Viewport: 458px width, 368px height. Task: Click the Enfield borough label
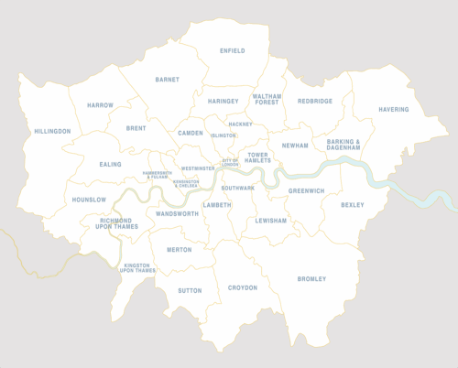click(x=233, y=51)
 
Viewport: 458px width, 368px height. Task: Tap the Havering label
click(x=393, y=110)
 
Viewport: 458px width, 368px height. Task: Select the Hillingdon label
click(x=52, y=132)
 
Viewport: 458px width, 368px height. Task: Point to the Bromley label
click(x=311, y=279)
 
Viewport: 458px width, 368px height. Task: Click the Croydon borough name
click(x=243, y=287)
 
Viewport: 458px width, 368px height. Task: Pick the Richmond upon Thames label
click(x=115, y=223)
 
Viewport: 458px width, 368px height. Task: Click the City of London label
click(x=229, y=163)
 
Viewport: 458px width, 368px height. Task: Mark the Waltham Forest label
click(x=267, y=100)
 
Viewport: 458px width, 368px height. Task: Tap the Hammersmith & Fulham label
click(x=162, y=174)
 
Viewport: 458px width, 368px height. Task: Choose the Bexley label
click(x=352, y=205)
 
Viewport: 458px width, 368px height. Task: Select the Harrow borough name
click(x=100, y=105)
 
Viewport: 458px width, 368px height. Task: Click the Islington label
click(x=223, y=135)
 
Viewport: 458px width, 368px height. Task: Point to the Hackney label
click(x=240, y=124)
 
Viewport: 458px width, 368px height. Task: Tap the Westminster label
click(x=198, y=168)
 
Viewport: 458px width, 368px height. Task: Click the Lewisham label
click(x=271, y=221)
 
